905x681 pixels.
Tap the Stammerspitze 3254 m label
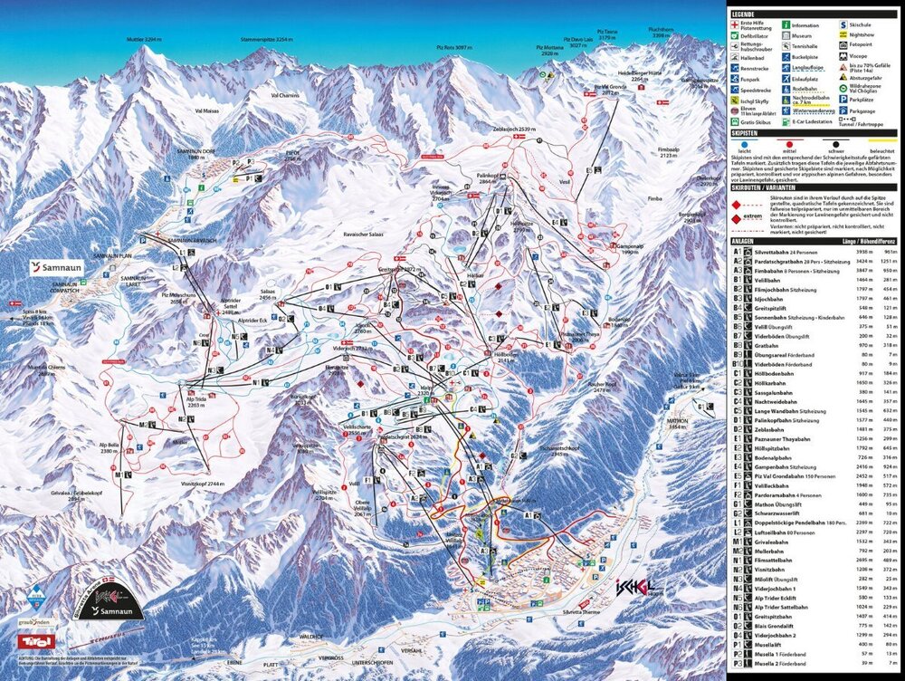pos(264,41)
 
